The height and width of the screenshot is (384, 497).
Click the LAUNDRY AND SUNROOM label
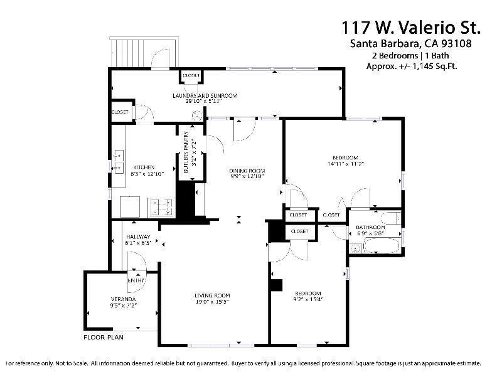(x=205, y=95)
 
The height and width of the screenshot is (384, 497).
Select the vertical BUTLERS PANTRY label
(x=186, y=156)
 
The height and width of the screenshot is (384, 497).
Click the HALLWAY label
(x=138, y=237)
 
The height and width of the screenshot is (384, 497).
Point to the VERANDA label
(x=123, y=299)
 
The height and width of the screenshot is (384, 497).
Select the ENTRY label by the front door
(x=137, y=280)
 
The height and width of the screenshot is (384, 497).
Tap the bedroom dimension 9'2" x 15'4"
(x=308, y=300)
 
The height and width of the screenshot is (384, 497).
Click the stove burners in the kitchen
(x=163, y=205)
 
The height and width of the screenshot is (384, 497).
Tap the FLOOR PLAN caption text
(x=104, y=337)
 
